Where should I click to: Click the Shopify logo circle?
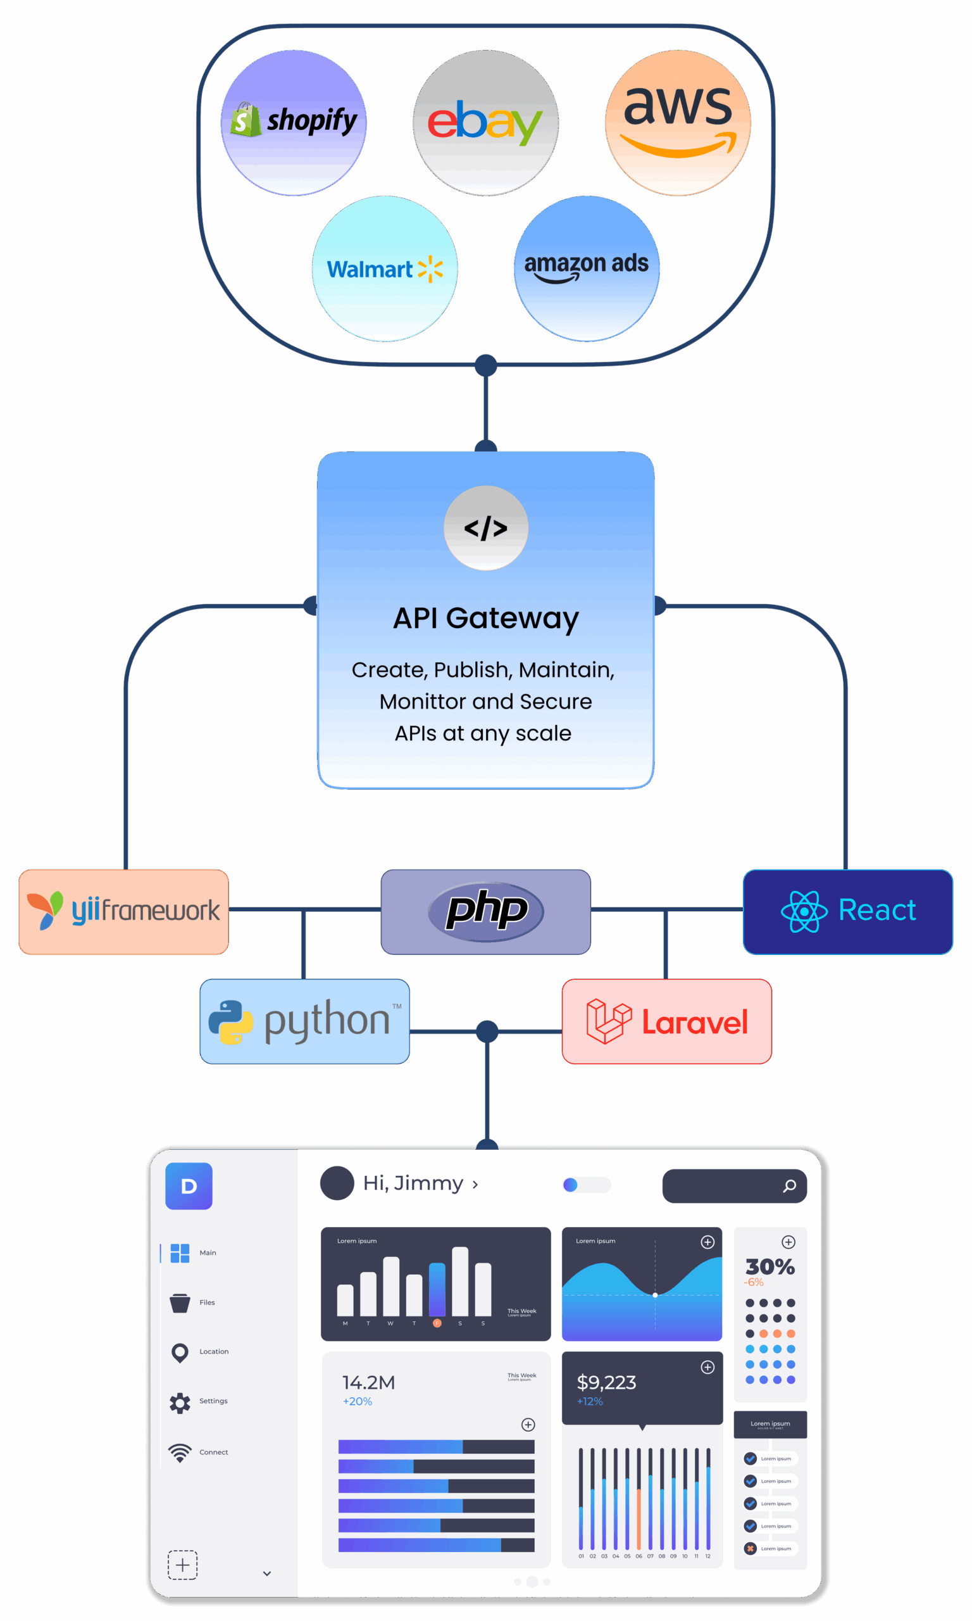(294, 123)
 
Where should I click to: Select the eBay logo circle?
(485, 123)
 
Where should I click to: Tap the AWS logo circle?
(678, 123)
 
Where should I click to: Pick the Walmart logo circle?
(385, 268)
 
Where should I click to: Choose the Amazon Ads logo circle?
(586, 268)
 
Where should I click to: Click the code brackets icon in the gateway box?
(485, 528)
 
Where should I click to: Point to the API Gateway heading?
(485, 618)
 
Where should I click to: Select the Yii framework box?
(124, 911)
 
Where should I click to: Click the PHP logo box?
(485, 911)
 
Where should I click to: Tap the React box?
(847, 911)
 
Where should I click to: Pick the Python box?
(304, 1021)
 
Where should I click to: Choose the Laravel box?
(667, 1021)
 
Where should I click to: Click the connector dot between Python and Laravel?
(487, 1031)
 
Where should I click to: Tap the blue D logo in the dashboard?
(189, 1186)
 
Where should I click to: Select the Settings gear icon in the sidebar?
(180, 1403)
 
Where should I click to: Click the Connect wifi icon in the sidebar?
(180, 1453)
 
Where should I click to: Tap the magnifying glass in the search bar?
(790, 1186)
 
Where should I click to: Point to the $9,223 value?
(606, 1382)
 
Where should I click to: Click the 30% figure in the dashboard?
(769, 1266)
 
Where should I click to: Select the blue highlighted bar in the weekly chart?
(437, 1289)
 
